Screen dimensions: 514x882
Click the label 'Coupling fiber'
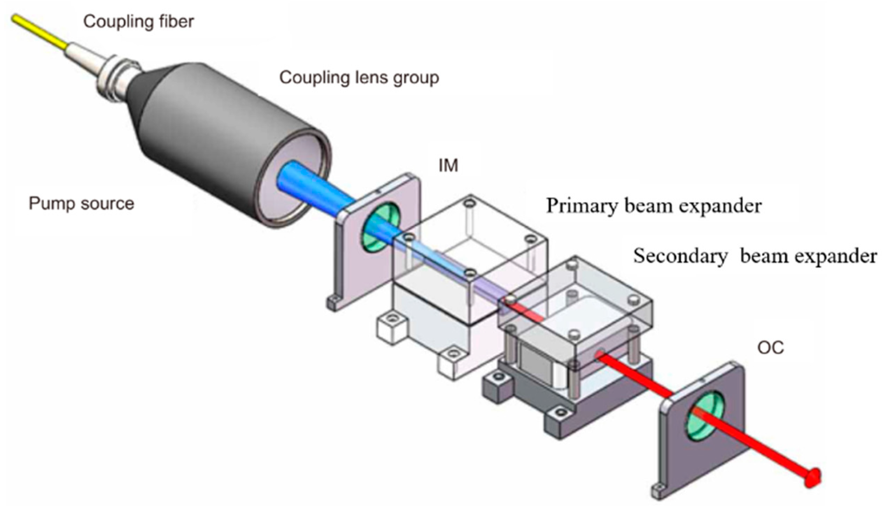(138, 22)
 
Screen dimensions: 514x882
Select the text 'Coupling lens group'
(359, 77)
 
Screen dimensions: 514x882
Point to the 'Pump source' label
(81, 203)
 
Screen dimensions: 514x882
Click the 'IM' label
(449, 166)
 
